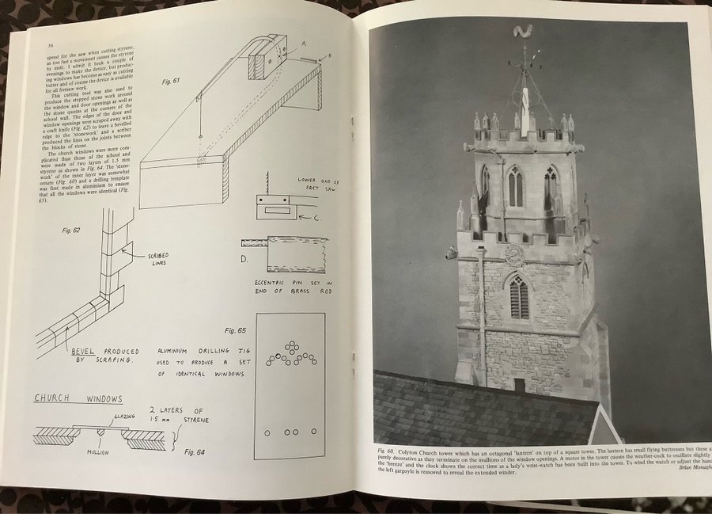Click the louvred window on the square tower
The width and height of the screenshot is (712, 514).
519,298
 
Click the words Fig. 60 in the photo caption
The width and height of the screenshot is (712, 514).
385,451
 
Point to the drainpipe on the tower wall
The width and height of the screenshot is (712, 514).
481,317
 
